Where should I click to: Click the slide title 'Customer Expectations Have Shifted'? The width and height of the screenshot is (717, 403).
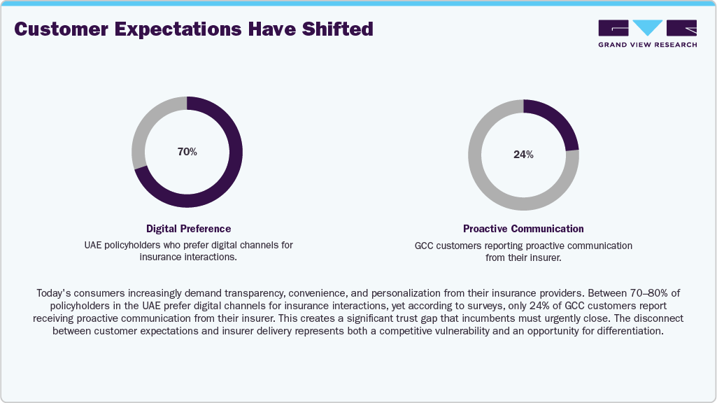point(194,29)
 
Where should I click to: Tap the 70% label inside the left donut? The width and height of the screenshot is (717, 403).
point(187,152)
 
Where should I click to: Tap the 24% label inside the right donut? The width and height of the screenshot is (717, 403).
point(523,155)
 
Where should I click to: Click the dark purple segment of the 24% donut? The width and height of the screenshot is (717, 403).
point(559,122)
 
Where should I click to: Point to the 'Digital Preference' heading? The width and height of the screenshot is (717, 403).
point(188,229)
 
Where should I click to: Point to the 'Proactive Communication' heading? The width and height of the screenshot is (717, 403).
point(523,229)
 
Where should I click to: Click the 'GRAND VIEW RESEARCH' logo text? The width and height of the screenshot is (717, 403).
point(647,45)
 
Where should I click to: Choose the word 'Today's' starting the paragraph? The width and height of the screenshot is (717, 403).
point(52,294)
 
